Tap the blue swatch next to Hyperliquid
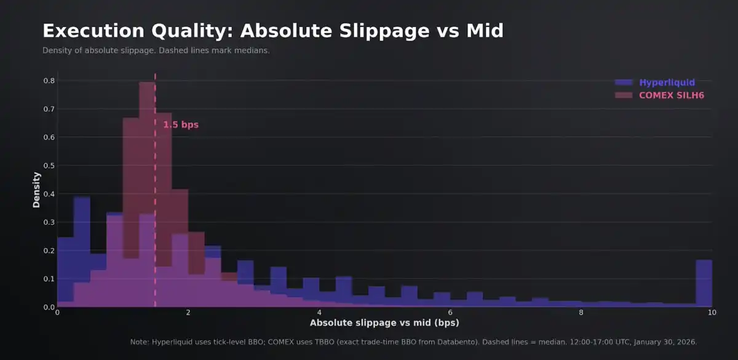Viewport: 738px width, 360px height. tap(624, 82)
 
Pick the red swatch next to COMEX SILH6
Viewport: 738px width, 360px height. tap(624, 95)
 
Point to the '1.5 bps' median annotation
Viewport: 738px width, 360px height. tap(181, 125)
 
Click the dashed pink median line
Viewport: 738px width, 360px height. tap(155, 185)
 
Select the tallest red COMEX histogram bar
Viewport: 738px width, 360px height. tap(147, 185)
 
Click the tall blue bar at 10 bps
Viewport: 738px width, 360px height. tap(704, 283)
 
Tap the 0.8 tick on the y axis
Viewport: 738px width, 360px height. tap(48, 81)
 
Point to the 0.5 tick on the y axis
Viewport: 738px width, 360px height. tap(48, 166)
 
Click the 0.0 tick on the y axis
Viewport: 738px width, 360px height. tap(48, 307)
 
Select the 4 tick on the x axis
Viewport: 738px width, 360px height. tap(319, 313)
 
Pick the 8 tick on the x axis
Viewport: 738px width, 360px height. tap(581, 313)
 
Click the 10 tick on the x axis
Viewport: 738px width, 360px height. tap(712, 313)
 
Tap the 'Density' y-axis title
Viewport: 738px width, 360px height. tap(36, 190)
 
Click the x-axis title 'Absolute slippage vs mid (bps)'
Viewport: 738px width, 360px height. tap(384, 322)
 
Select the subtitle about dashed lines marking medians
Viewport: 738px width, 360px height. tap(156, 50)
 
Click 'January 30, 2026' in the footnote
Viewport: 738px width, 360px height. tap(666, 342)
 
